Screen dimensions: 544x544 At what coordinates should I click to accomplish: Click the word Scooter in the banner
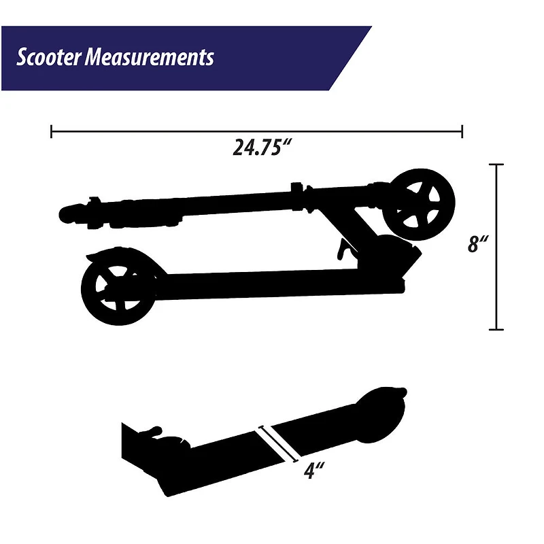coord(48,57)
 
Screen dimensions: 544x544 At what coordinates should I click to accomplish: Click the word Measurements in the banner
coord(149,57)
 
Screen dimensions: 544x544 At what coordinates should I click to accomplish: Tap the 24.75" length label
coord(261,148)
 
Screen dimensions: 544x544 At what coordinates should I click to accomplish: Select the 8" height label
coord(478,243)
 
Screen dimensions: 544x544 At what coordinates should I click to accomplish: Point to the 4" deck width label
coord(314,471)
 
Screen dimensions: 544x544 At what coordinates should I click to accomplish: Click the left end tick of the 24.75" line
coord(52,131)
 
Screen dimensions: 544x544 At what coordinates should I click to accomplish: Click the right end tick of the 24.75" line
coord(462,131)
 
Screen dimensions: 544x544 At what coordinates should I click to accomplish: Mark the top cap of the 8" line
coord(496,165)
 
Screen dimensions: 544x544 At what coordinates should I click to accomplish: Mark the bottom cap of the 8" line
coord(496,329)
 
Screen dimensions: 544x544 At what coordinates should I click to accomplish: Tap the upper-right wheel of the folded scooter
coord(419,205)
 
